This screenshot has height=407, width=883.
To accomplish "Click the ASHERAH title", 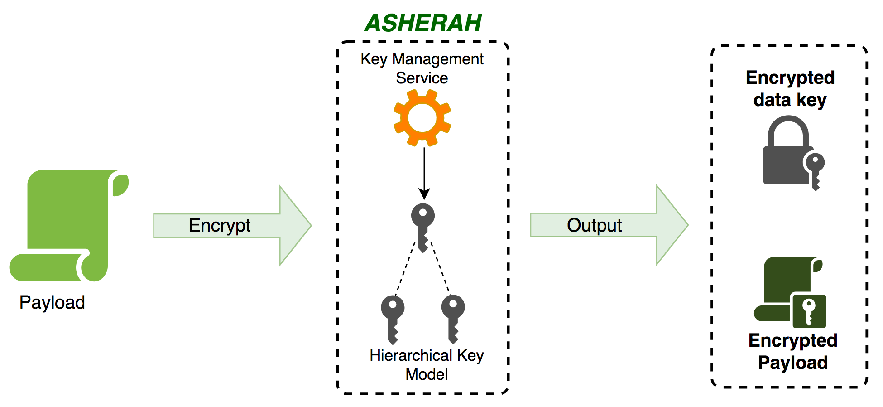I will click(x=423, y=23).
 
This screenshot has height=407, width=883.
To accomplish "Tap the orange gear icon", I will click(x=422, y=118).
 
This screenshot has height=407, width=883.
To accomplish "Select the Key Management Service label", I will click(x=422, y=68).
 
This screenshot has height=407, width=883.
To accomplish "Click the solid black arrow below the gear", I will click(x=424, y=172).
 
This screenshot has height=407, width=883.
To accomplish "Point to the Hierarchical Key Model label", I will click(x=427, y=365).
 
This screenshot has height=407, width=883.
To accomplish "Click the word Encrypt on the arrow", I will click(x=220, y=225).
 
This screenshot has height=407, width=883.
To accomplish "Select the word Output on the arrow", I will click(x=594, y=225).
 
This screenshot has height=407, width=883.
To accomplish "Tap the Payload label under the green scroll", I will click(x=52, y=302).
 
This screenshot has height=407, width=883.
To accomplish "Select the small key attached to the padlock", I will click(x=815, y=170).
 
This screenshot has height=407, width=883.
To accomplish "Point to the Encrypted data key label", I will click(x=790, y=89).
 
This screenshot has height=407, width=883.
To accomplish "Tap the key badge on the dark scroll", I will click(x=809, y=311).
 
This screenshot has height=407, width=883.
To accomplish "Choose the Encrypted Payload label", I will click(x=793, y=352).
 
